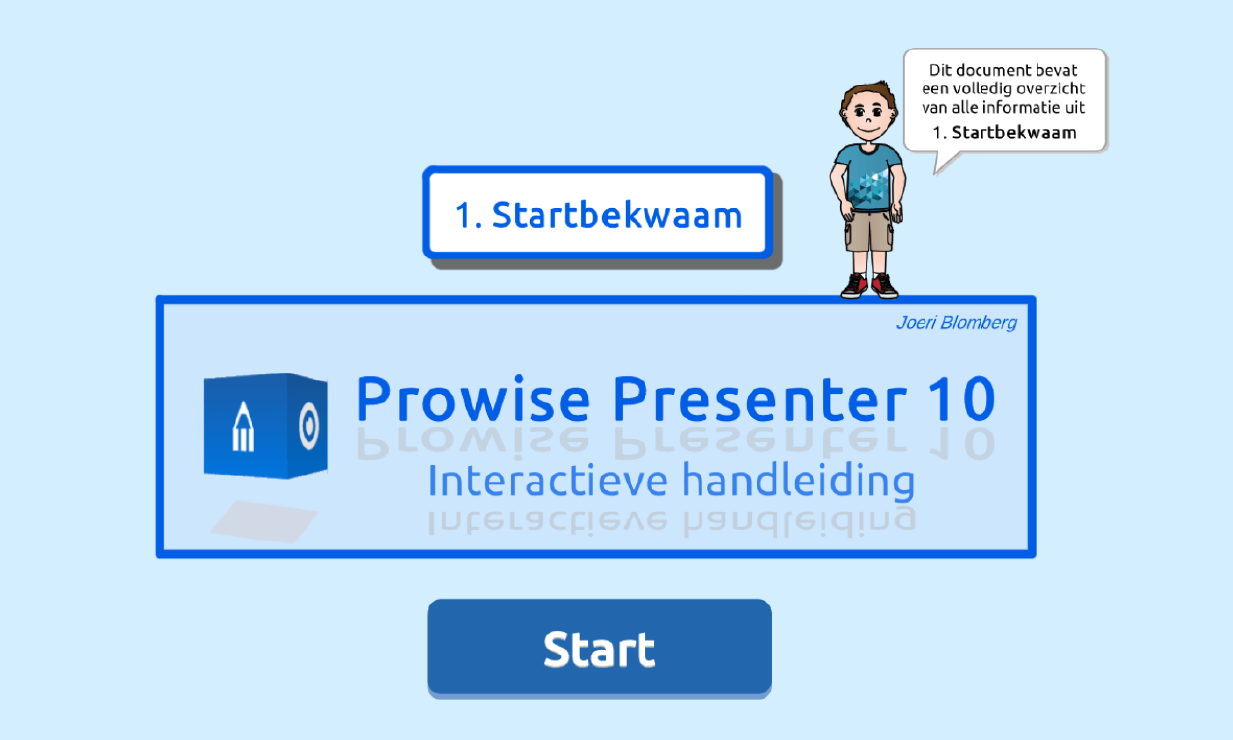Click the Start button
click(599, 648)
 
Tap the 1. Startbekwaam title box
click(597, 212)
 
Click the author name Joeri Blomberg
click(956, 322)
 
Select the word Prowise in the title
click(473, 399)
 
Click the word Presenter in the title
click(759, 399)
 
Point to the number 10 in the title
click(962, 399)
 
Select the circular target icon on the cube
click(308, 426)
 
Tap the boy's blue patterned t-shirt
click(869, 177)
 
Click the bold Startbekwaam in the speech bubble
click(1014, 133)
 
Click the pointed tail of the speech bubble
click(937, 172)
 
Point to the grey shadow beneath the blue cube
click(264, 522)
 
